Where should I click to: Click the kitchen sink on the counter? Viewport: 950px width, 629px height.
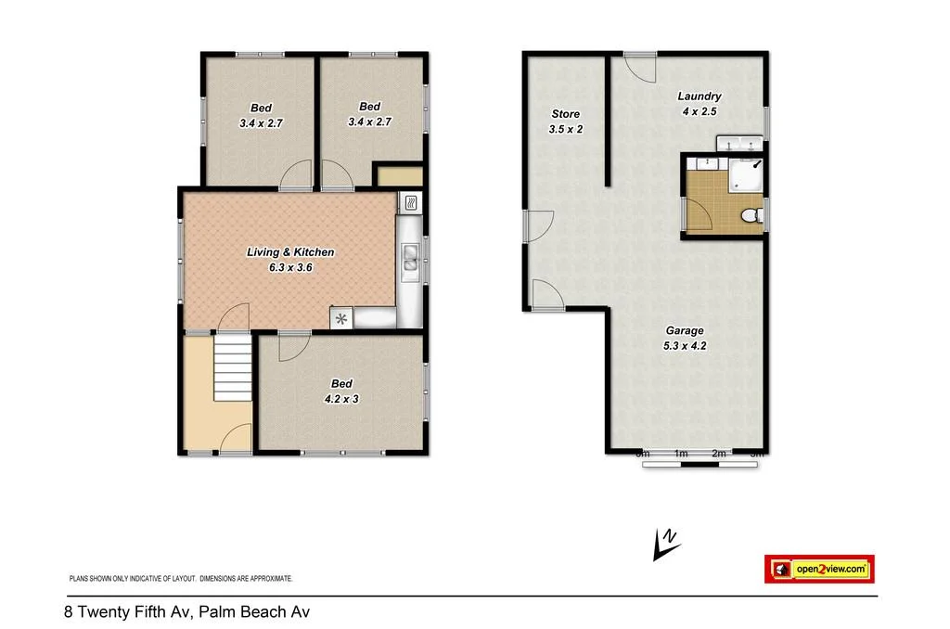[x=409, y=258]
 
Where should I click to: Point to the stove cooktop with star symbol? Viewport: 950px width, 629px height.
[x=341, y=319]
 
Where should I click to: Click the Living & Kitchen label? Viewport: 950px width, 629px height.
[x=289, y=252]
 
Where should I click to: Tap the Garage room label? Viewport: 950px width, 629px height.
[x=685, y=330]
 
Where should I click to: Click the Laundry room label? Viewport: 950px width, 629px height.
[x=699, y=96]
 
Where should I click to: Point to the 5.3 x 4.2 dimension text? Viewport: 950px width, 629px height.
[x=685, y=346]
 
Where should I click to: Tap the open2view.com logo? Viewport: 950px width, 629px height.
[x=819, y=569]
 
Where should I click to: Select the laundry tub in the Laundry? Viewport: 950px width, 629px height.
[x=739, y=142]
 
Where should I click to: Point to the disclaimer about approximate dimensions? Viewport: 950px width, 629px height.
[x=181, y=578]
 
